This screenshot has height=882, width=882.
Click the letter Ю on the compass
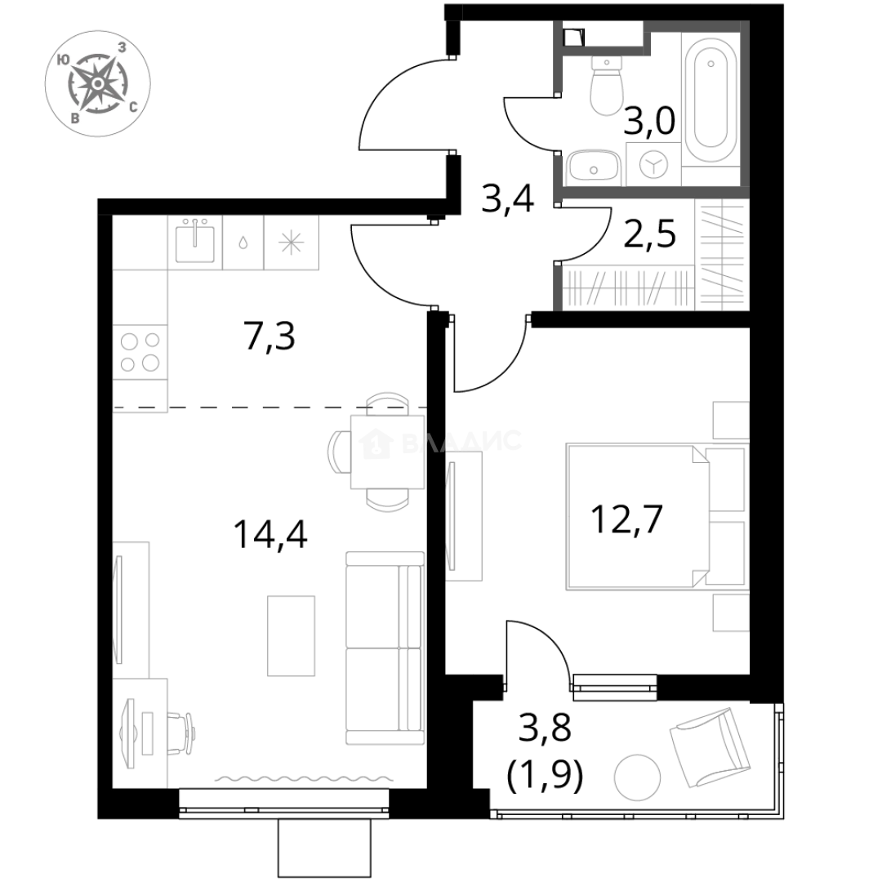[x=63, y=59]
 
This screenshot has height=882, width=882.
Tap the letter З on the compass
[x=122, y=47]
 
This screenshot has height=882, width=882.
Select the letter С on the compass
[x=133, y=107]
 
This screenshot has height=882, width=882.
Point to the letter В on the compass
[x=74, y=118]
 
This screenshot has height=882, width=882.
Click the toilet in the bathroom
[x=607, y=87]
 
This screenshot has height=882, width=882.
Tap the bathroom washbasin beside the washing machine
[x=594, y=166]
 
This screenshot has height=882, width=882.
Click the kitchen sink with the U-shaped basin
[x=195, y=242]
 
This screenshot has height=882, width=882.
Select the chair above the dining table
[x=386, y=399]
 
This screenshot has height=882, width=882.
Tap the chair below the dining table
[x=388, y=501]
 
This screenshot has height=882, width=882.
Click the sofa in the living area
[x=383, y=649]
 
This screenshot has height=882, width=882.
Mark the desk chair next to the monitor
[x=181, y=733]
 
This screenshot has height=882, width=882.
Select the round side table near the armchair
[x=637, y=777]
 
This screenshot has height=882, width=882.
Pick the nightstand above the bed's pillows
[x=730, y=420]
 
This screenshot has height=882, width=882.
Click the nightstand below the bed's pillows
[x=730, y=613]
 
